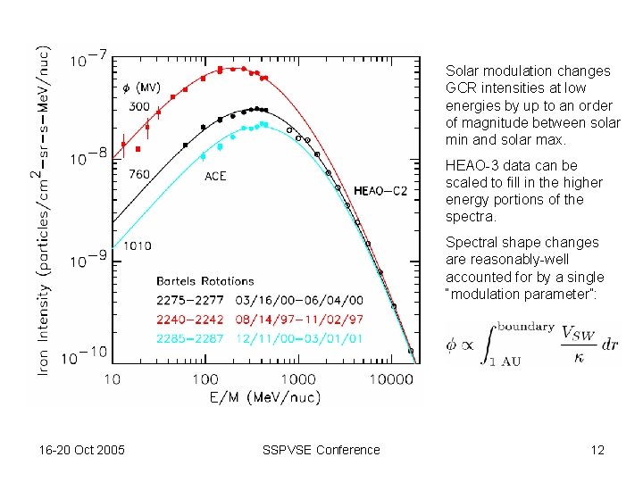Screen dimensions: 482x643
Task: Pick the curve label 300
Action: coord(140,106)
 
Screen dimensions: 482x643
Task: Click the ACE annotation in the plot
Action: coord(215,177)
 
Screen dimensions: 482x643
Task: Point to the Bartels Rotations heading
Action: coord(205,281)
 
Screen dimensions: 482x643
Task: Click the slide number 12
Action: coord(597,450)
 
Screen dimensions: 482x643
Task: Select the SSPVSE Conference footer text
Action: coord(321,450)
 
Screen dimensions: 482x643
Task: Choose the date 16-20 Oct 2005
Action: coord(81,450)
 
